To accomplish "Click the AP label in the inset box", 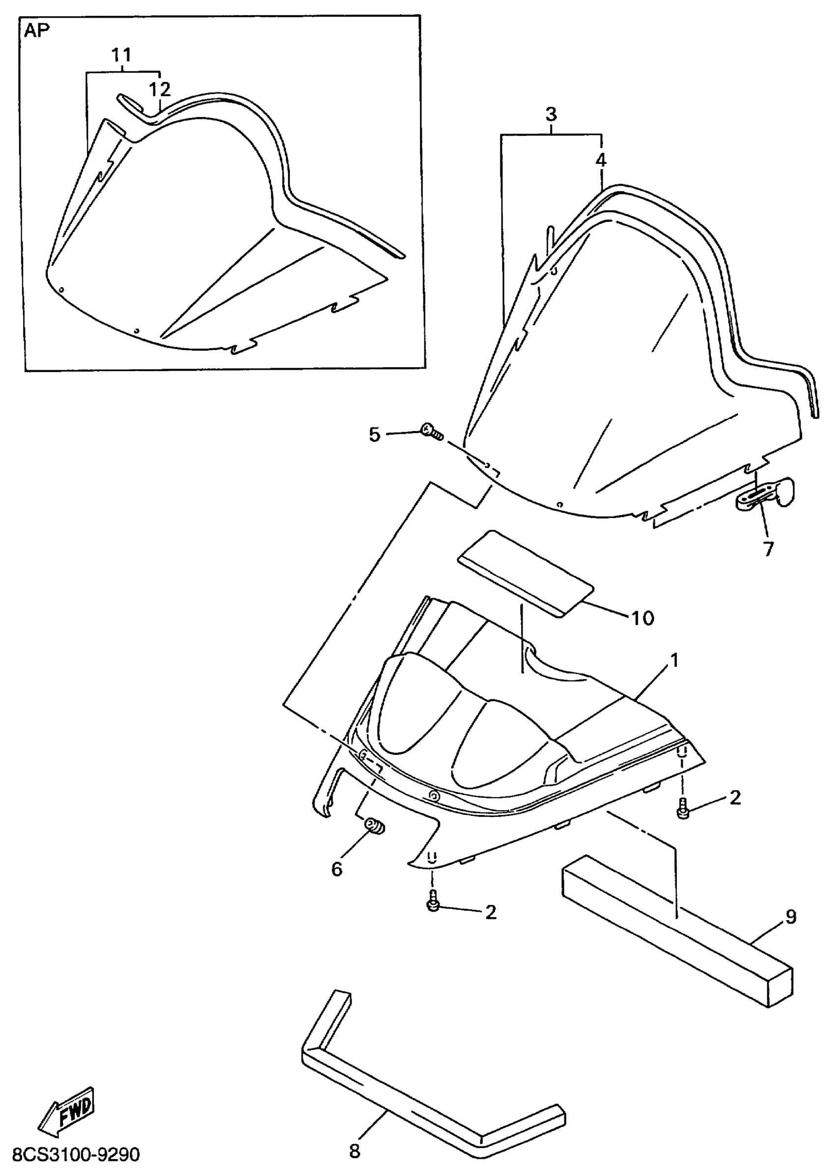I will point(37,31).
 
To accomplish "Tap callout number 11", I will point(122,55).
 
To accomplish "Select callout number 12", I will point(160,89).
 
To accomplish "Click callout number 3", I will point(551,114).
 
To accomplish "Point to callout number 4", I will point(601,160).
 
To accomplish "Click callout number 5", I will point(374,435).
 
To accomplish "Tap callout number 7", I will point(768,549).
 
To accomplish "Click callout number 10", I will point(642,618).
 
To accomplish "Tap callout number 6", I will point(336,869).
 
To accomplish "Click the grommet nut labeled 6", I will point(374,826).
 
